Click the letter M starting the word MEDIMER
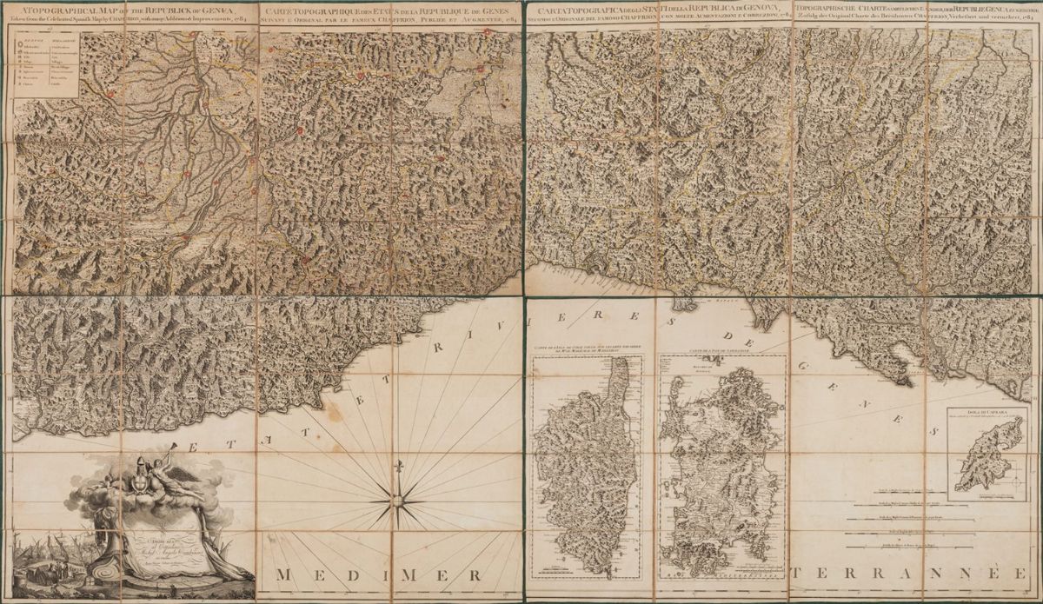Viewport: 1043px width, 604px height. click(283, 575)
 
